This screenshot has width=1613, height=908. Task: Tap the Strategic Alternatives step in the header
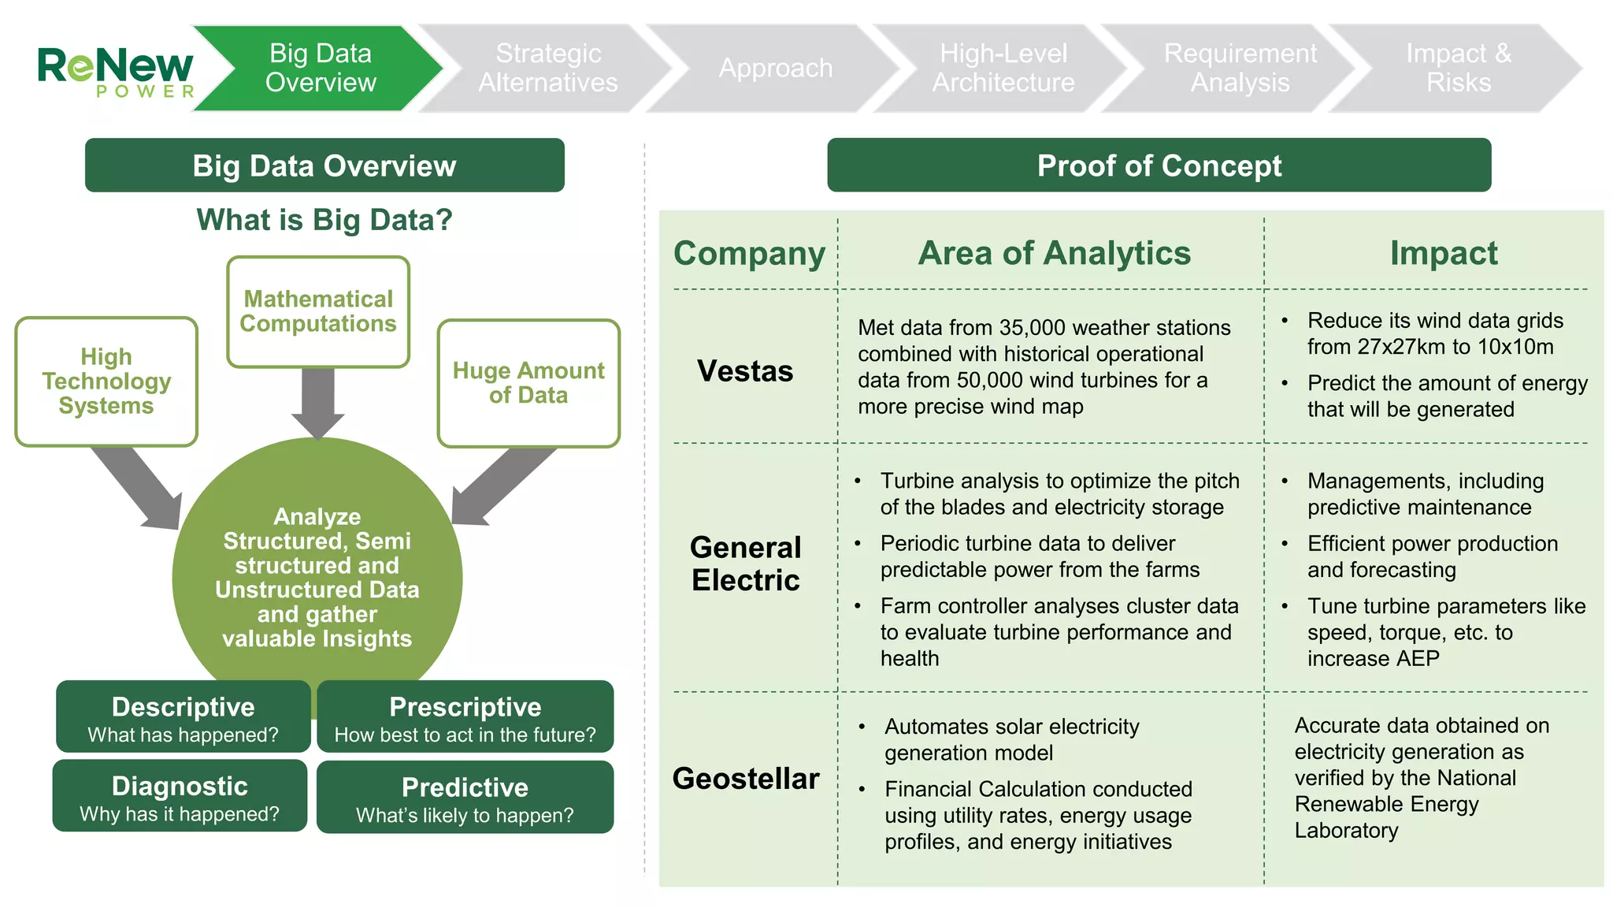(x=547, y=68)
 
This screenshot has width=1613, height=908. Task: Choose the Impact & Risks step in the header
(x=1458, y=68)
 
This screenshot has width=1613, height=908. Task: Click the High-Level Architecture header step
(x=1003, y=68)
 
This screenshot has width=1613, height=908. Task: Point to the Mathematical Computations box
(x=318, y=311)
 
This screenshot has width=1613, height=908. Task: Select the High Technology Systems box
(x=106, y=381)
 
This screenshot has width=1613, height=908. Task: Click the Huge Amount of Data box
(x=528, y=383)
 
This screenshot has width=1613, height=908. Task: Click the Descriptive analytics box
(x=183, y=717)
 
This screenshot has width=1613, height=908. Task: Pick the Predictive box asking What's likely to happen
(x=465, y=798)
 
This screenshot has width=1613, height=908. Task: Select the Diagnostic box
(x=180, y=796)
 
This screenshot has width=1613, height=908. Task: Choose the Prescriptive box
(x=465, y=717)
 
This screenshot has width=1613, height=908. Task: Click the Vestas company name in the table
(x=745, y=370)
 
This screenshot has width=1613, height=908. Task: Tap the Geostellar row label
(x=745, y=779)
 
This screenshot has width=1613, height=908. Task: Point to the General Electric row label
(x=745, y=564)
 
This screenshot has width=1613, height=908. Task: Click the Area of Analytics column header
(x=1054, y=253)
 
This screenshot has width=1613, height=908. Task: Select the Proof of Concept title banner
(x=1159, y=166)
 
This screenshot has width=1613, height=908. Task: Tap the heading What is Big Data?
(x=324, y=220)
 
